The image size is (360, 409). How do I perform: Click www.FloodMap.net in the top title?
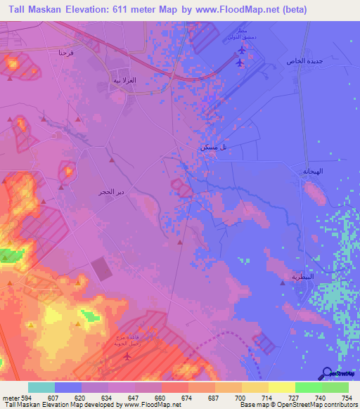250,10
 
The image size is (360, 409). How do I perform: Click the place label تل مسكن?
213,147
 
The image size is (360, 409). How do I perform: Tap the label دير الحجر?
112,191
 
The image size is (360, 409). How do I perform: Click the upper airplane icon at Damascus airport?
243,50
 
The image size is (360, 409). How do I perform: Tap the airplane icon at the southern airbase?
127,356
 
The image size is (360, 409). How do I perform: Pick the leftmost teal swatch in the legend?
41,387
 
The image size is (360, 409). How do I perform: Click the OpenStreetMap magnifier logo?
326,373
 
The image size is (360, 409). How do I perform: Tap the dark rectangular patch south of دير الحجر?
101,268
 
